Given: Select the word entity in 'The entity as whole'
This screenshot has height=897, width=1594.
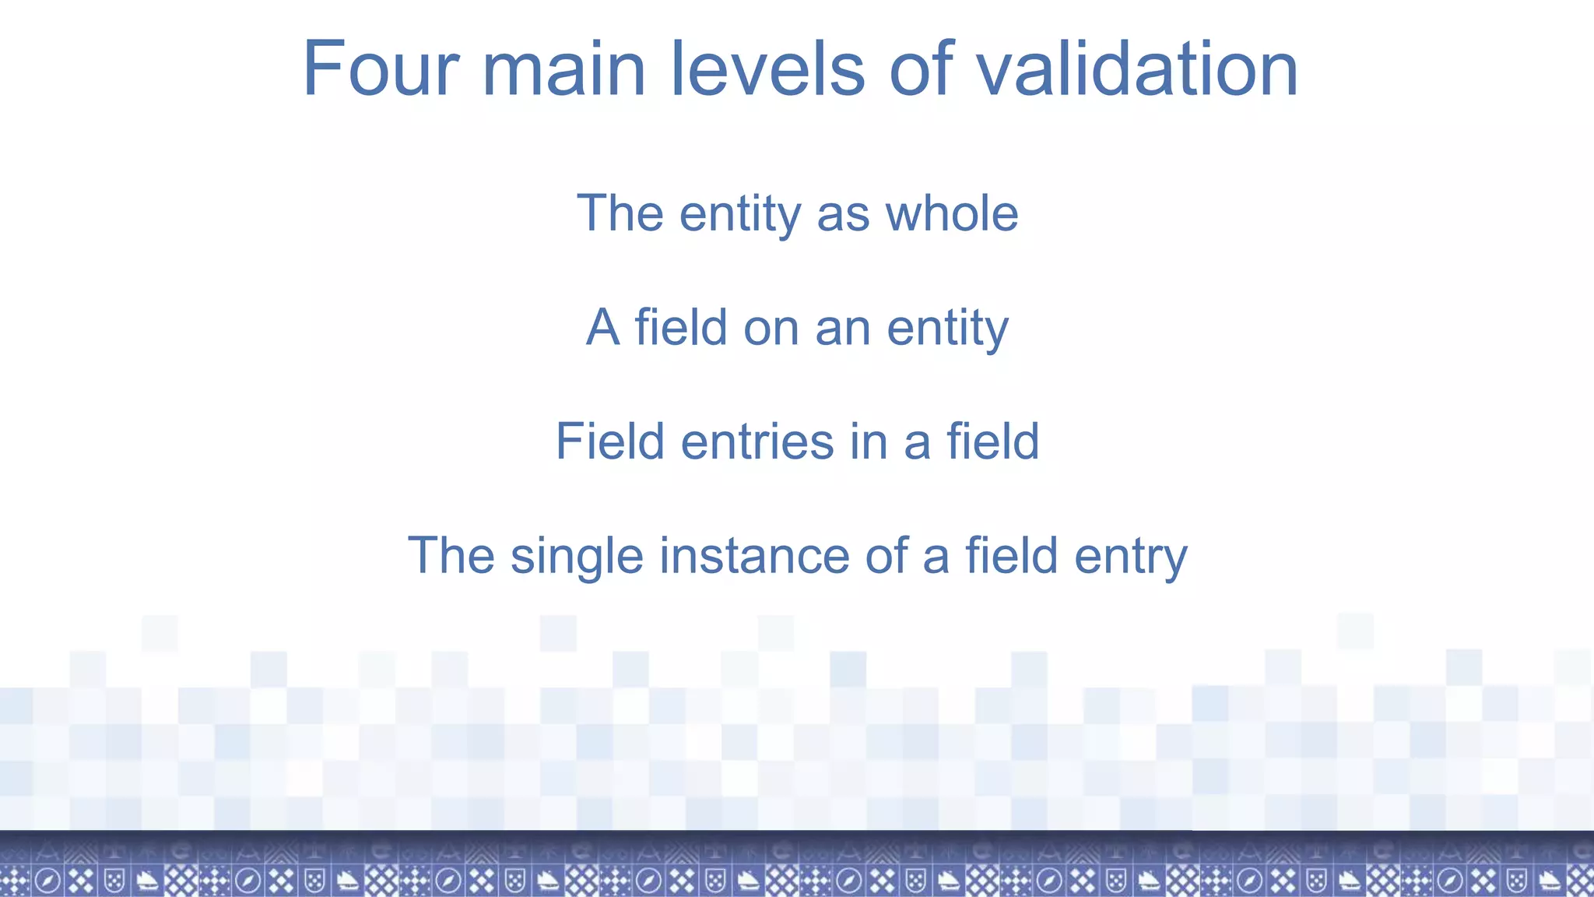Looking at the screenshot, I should click(739, 215).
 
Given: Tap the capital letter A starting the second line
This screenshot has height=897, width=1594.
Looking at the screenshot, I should click(603, 327).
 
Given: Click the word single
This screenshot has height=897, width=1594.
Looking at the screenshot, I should click(577, 557).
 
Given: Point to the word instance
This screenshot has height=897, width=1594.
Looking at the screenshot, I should click(753, 556).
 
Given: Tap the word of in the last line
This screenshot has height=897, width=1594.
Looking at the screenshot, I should click(886, 556).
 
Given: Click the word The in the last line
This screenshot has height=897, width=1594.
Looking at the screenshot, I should click(451, 556).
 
